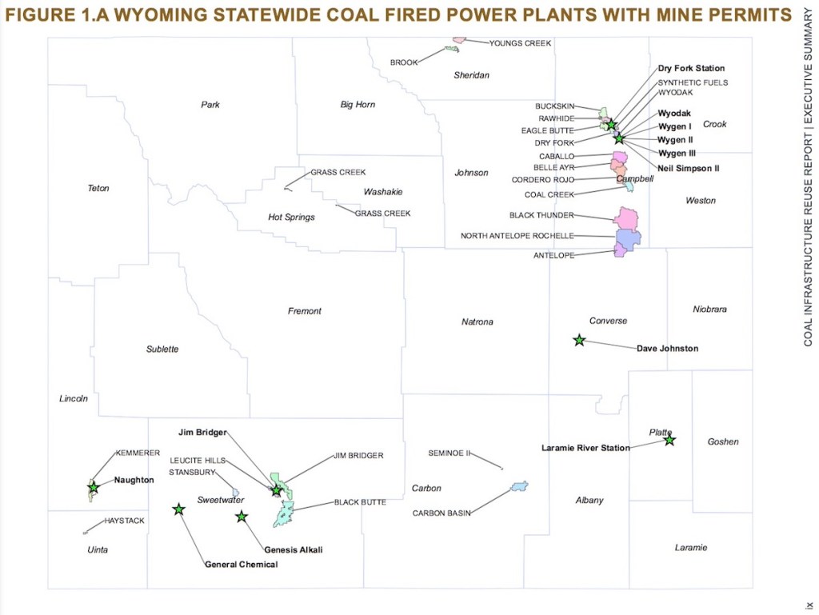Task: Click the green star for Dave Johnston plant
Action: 579,340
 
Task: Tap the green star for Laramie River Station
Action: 669,440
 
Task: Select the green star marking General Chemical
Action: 178,509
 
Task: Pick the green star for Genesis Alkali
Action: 242,517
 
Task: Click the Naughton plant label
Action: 134,480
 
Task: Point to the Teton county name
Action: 98,189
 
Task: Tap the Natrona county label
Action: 477,322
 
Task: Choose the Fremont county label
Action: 305,311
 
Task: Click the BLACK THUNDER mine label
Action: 541,216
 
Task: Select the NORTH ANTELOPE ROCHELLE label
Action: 517,236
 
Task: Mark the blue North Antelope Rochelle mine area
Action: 629,239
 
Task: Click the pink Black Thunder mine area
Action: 627,218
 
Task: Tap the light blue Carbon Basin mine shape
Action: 520,486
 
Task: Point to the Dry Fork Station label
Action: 691,69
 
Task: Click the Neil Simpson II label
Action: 689,169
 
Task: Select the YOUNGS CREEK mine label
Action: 521,43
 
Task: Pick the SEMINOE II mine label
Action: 449,453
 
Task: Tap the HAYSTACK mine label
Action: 125,521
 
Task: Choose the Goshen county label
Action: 723,441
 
